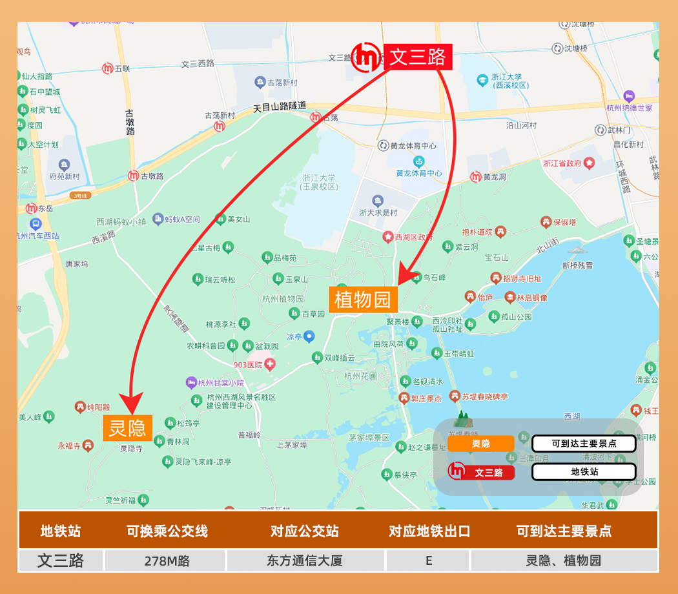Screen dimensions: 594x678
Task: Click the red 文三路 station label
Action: [x=418, y=57]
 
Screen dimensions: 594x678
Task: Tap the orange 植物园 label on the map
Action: [x=363, y=300]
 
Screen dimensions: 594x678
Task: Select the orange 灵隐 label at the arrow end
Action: [x=127, y=428]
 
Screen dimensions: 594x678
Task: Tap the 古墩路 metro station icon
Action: [x=133, y=176]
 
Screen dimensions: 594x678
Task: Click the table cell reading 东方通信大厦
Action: [x=305, y=560]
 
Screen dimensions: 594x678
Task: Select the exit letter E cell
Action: [x=429, y=560]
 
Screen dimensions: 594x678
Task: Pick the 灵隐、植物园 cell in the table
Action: [x=564, y=560]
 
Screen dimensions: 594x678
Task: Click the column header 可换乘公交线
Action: [x=167, y=531]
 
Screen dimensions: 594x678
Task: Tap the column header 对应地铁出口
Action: [x=429, y=531]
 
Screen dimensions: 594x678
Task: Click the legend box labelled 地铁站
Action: [x=584, y=472]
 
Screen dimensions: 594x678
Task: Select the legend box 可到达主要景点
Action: [x=584, y=444]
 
